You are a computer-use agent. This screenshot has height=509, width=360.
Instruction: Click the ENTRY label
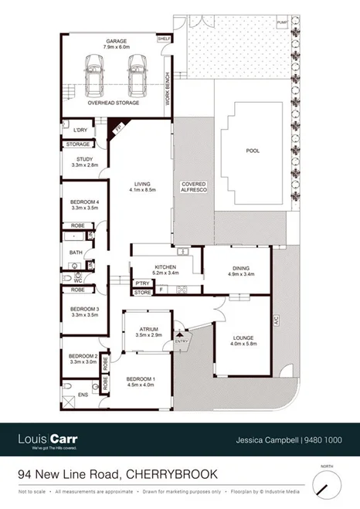point(182,341)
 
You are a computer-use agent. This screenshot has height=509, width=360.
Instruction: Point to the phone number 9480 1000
point(324,440)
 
